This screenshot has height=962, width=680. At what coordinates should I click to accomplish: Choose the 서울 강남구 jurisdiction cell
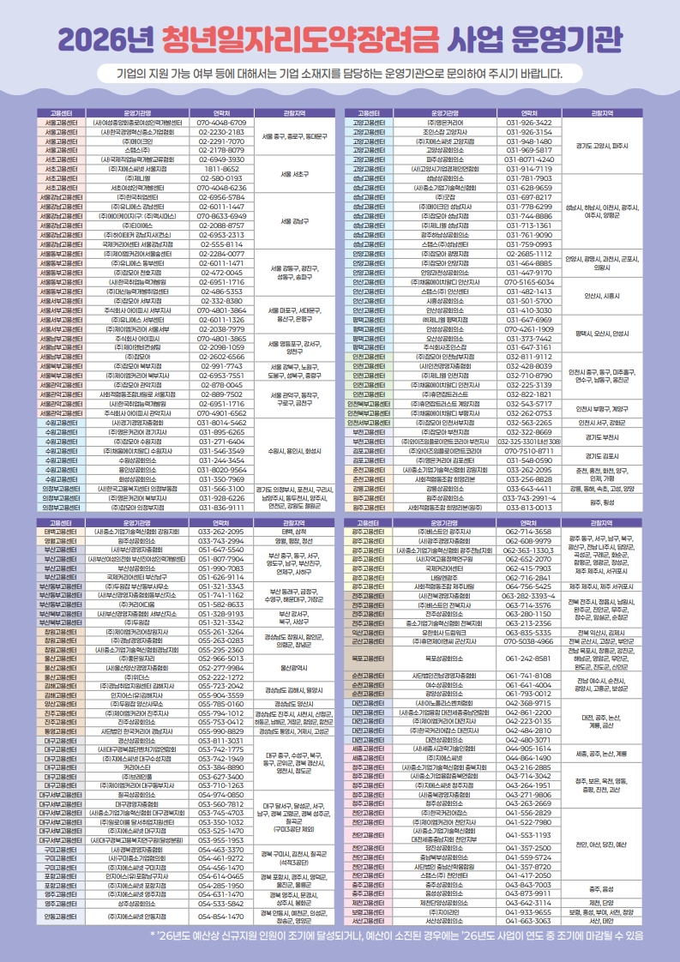coord(293,221)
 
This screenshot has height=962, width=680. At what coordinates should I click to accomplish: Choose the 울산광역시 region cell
coord(293,664)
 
